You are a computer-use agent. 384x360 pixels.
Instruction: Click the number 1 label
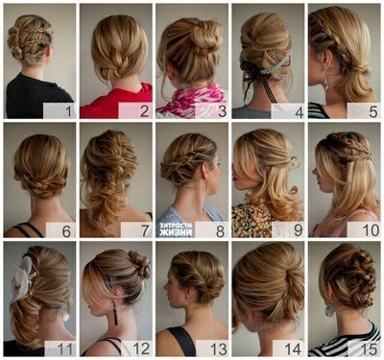coord(68,111)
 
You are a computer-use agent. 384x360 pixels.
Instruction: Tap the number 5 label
coord(373,111)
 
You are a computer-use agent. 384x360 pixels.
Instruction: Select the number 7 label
coord(145,230)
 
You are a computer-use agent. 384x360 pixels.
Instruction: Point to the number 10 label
coord(371,230)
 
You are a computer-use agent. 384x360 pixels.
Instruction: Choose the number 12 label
coord(141,348)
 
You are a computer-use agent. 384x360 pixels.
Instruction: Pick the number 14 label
coord(293,348)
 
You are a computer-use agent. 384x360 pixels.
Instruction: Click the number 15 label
coord(369,348)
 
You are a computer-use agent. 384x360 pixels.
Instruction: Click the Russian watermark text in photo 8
coord(176,228)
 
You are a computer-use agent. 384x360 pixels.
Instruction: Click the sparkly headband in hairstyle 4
coord(276,66)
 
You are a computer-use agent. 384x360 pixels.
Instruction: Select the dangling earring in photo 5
coord(325,84)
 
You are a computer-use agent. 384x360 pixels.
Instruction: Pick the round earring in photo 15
coord(329,311)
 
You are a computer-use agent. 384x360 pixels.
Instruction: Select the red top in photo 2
coord(115,102)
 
